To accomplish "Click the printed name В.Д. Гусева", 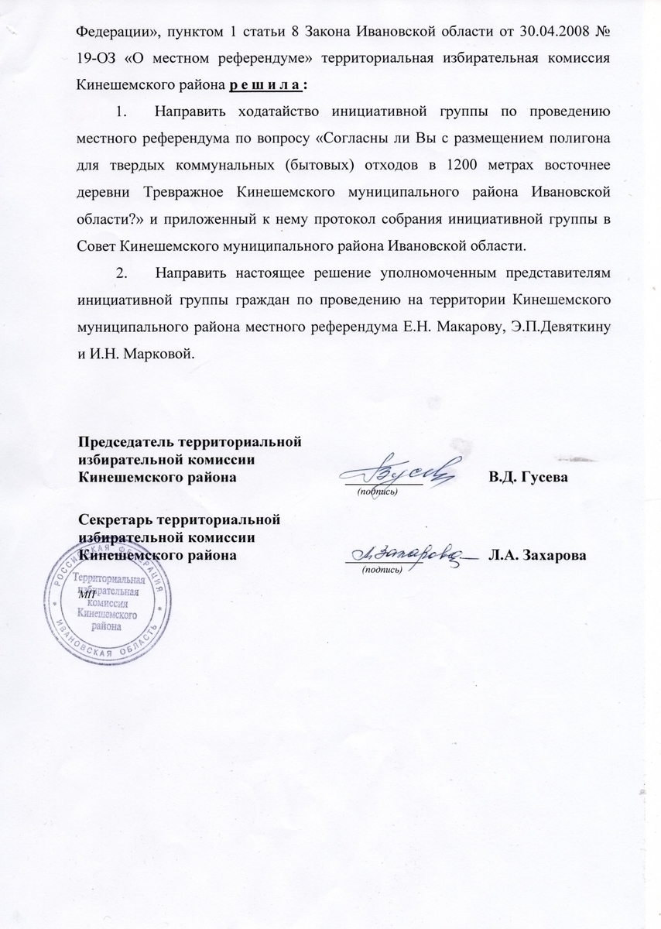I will click(528, 478).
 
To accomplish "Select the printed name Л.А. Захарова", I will click(536, 555).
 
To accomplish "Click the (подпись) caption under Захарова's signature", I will click(382, 569).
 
